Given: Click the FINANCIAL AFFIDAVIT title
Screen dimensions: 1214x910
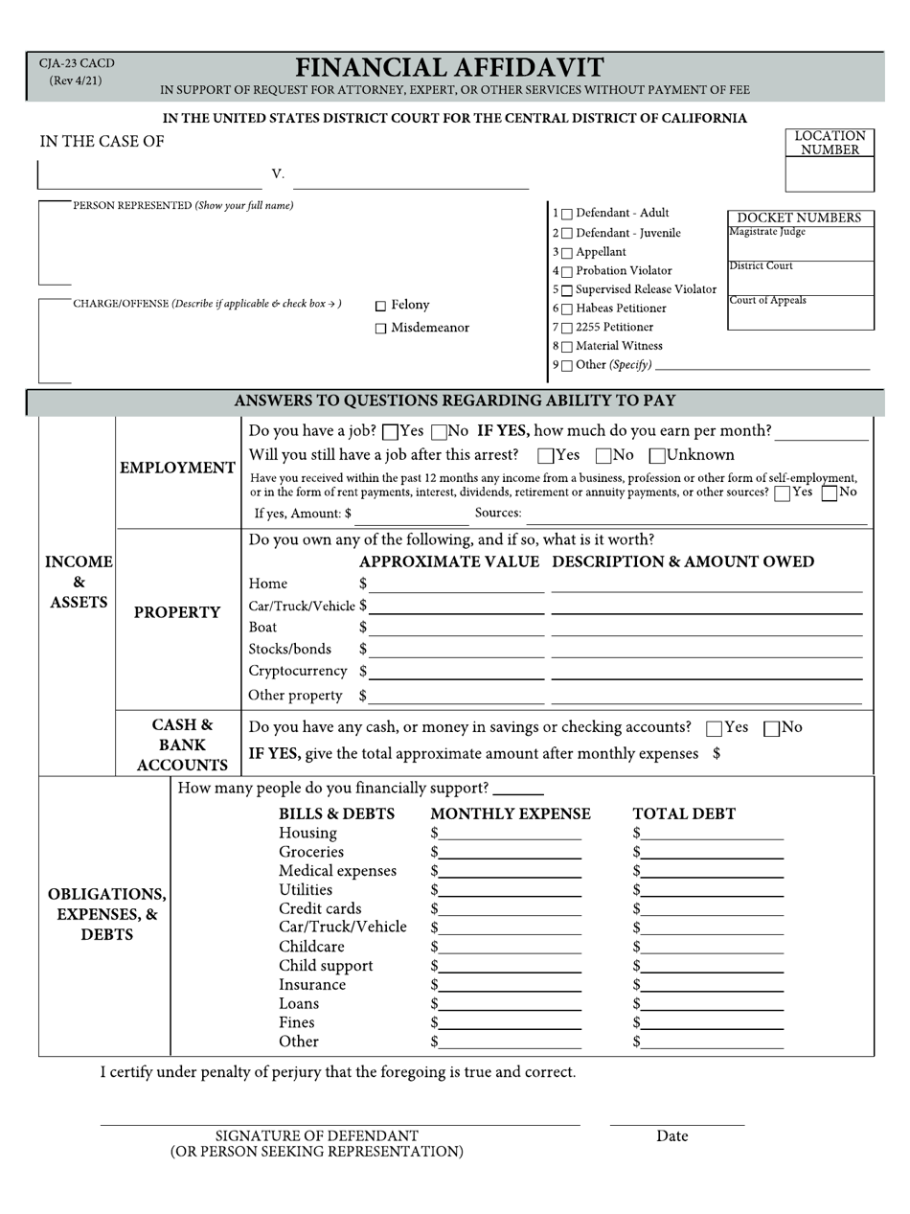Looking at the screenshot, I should (449, 68).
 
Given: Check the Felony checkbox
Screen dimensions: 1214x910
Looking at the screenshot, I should (380, 306).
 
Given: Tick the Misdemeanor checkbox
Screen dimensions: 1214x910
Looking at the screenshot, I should (380, 329).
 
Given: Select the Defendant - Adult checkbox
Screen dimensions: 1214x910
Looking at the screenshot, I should (567, 214).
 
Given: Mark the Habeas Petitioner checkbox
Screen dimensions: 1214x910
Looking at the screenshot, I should (567, 309).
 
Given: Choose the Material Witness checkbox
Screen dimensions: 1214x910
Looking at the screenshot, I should (567, 347).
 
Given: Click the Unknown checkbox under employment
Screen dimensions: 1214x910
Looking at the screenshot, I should (658, 456).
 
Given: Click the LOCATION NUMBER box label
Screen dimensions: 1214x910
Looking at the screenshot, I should (830, 143).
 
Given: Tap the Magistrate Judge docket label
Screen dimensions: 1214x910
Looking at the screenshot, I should (767, 232).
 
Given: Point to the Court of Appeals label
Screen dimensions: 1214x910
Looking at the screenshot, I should (767, 301).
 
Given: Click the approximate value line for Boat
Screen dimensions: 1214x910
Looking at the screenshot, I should (456, 630).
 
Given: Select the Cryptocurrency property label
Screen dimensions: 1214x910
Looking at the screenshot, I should (297, 671).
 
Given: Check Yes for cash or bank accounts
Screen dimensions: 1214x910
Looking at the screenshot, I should (714, 729).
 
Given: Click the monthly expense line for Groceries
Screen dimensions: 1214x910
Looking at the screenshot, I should (511, 854).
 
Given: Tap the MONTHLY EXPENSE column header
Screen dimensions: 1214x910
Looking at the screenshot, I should (510, 814).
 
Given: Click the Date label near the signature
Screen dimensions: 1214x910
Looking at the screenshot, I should (671, 1136).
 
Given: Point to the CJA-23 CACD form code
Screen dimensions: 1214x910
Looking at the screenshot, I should (76, 64).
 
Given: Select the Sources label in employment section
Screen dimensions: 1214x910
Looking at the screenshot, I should (498, 514).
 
